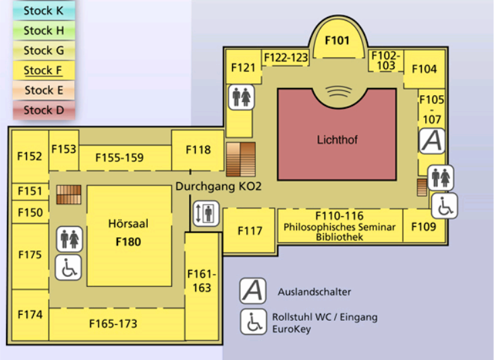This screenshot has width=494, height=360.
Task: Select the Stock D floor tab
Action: [44, 110]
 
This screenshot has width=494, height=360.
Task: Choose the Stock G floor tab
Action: [44, 51]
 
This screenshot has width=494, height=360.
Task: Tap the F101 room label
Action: [337, 41]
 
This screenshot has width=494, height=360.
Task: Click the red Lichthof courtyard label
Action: [337, 140]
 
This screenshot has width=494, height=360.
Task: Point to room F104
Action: [424, 69]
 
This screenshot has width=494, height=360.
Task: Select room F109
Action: [424, 227]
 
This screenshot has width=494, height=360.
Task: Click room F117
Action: [250, 231]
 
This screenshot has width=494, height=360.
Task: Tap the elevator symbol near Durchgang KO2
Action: [206, 214]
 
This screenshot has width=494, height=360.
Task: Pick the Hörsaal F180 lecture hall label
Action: [128, 232]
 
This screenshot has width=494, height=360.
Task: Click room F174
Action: [30, 315]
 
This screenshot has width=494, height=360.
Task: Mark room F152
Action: [30, 156]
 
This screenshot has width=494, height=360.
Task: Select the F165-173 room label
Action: [113, 324]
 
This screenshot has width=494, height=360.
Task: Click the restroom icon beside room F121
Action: [242, 97]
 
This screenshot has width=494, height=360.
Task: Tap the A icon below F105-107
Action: [432, 140]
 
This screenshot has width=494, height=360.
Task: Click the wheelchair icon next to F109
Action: [444, 206]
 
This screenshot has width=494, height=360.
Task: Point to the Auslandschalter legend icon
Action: [253, 290]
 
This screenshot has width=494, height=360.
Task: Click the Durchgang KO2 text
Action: [218, 186]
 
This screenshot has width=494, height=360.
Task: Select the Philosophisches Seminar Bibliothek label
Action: [339, 227]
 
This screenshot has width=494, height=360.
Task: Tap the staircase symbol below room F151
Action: [68, 195]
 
